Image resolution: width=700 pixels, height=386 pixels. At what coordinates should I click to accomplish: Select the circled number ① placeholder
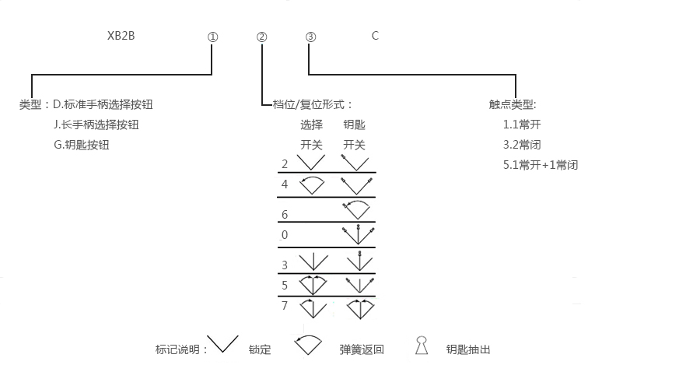(x=212, y=37)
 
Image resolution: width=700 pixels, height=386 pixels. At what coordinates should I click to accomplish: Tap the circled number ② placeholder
(x=261, y=37)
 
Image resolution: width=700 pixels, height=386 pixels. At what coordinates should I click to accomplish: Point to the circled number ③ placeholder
(x=310, y=37)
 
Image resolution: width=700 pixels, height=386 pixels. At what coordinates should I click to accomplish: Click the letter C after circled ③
(x=375, y=36)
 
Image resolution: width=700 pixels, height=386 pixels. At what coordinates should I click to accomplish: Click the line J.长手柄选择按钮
(x=96, y=124)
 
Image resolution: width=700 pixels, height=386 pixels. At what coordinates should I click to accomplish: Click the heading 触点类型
(x=513, y=104)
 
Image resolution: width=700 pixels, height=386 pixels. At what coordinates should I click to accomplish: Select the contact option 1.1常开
(x=522, y=124)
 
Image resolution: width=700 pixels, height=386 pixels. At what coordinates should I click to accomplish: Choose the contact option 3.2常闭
(x=522, y=144)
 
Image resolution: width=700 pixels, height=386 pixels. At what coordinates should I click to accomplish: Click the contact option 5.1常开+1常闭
(x=541, y=164)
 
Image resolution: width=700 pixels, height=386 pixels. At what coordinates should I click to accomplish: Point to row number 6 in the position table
(x=285, y=214)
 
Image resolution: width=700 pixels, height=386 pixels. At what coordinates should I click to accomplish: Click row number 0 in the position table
(x=285, y=234)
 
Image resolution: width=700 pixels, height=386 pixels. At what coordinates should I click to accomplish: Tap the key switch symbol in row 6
(x=358, y=209)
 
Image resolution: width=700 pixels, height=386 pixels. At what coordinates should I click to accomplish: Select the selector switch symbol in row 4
(x=312, y=185)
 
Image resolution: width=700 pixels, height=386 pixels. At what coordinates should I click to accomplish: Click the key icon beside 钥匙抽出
(x=422, y=346)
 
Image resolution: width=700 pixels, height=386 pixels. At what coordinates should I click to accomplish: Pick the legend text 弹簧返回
(x=362, y=349)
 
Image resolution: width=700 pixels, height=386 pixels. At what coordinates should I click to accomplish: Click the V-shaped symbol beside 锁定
(x=224, y=344)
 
